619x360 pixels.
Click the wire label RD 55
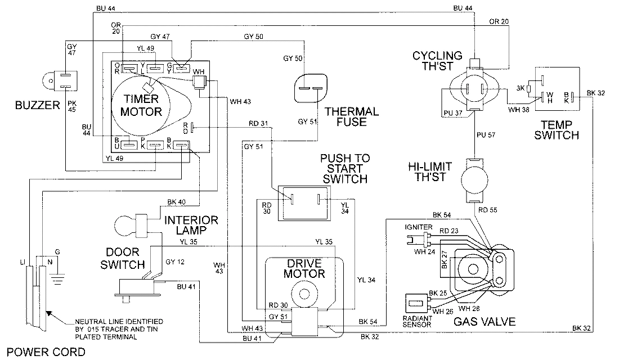click(488, 210)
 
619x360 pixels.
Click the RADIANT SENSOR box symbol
click(416, 304)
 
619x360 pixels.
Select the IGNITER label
click(418, 227)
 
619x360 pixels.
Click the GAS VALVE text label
click(485, 322)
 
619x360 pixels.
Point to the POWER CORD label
click(43, 353)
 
